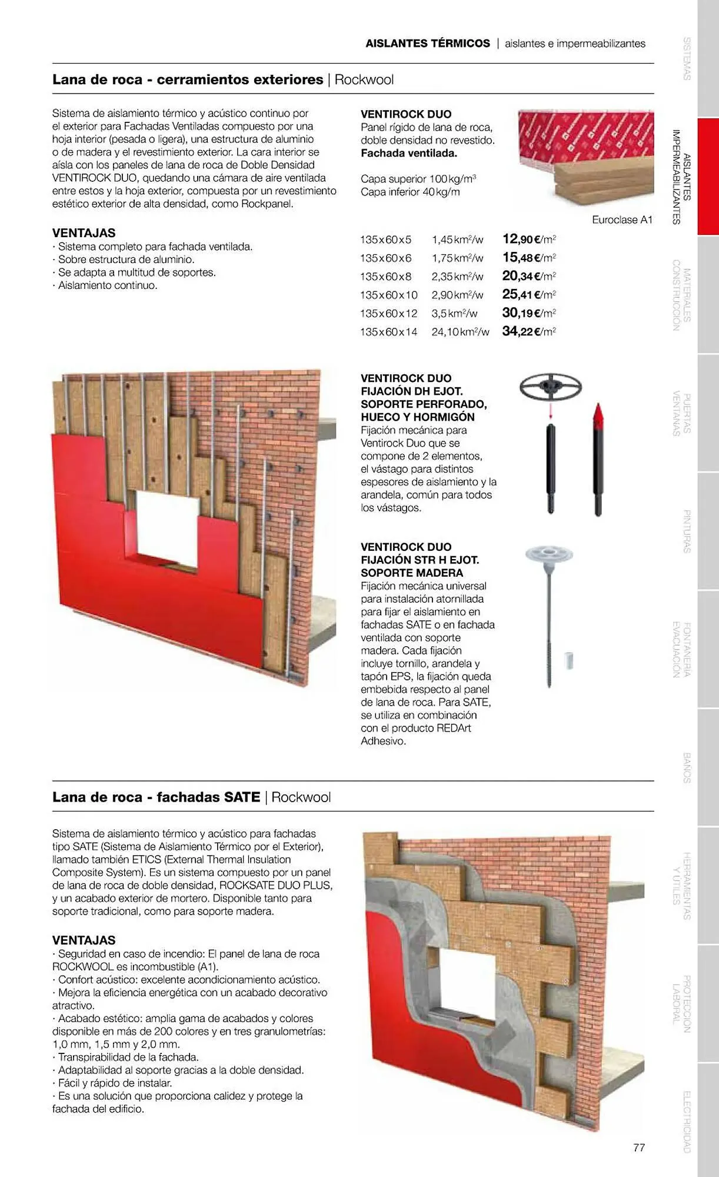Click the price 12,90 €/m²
click(528, 239)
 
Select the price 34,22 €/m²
click(528, 331)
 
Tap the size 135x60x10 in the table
click(388, 295)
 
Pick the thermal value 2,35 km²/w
click(457, 276)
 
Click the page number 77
click(639, 1147)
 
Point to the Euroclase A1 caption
click(622, 220)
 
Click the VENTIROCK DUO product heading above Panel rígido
click(406, 114)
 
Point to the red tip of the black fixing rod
click(598, 415)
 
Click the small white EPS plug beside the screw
click(568, 660)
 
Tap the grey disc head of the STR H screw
click(548, 553)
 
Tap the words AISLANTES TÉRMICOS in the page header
click(427, 44)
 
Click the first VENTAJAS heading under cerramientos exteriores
click(84, 233)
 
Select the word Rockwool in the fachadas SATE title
click(301, 797)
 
